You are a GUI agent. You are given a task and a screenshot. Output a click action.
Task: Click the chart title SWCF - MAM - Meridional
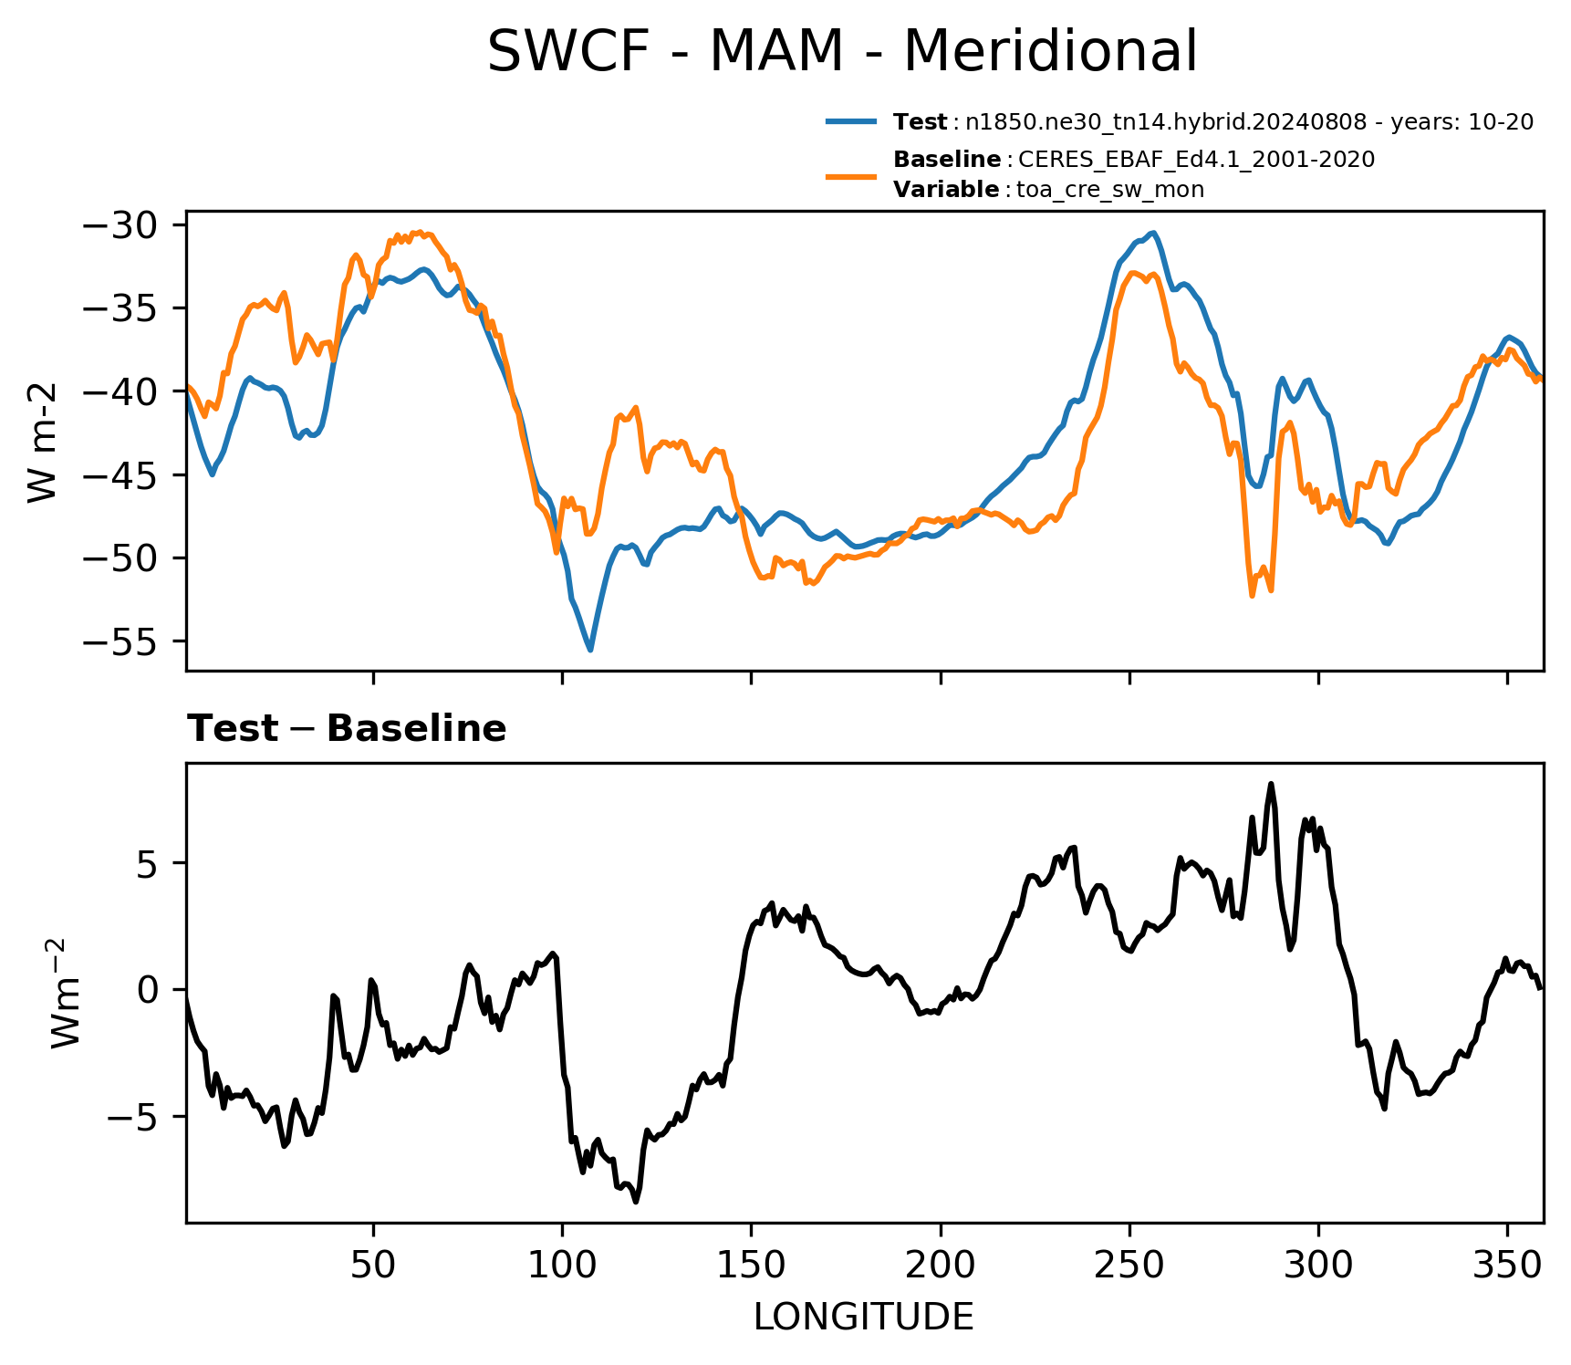click(842, 51)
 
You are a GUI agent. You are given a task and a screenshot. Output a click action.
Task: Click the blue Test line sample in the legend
click(851, 121)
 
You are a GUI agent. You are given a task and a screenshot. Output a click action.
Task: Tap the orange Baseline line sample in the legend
click(851, 175)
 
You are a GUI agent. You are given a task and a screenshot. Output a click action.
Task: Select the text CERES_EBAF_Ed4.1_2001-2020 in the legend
click(1196, 160)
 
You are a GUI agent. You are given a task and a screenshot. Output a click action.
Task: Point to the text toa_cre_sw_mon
click(1110, 190)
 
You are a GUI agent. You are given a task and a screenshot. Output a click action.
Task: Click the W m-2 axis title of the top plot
click(43, 443)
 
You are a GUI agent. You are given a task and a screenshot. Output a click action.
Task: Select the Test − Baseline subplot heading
click(347, 729)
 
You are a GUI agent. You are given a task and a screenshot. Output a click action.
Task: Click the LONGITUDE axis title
click(864, 1317)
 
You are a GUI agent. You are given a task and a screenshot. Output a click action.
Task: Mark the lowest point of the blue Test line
click(590, 650)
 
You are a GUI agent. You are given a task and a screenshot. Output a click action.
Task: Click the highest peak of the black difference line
click(1271, 784)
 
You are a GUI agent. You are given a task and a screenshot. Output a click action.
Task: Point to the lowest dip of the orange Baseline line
click(1253, 596)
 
